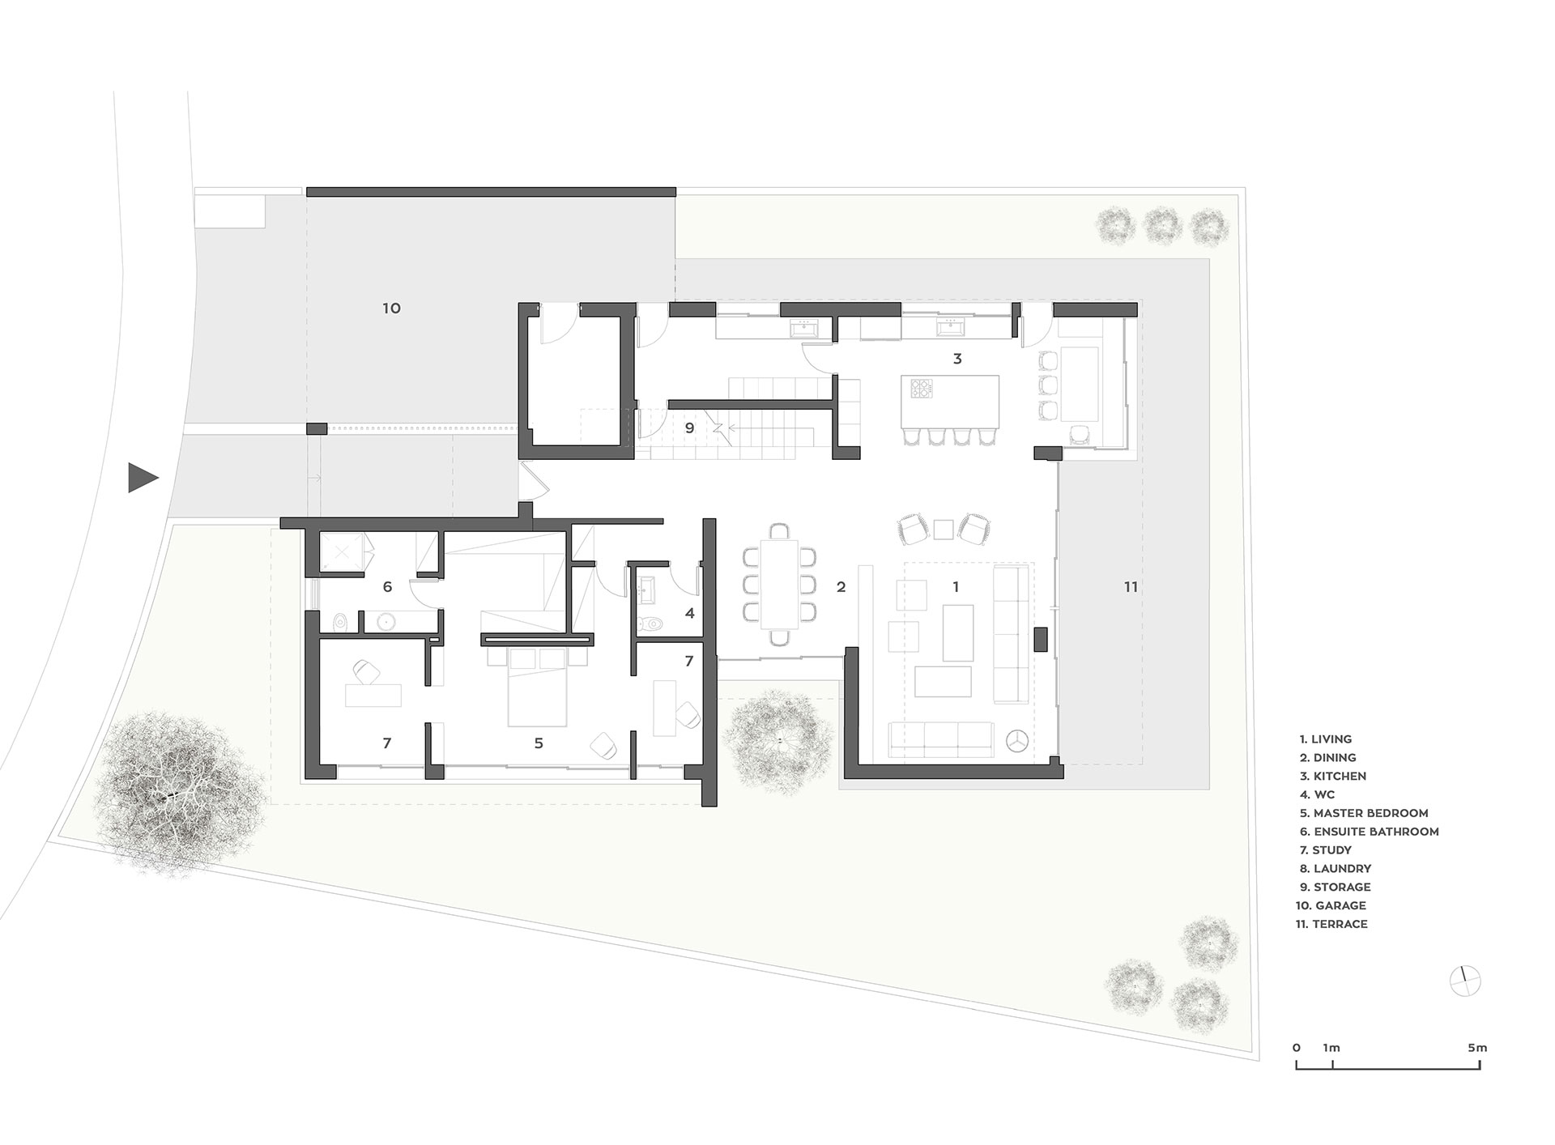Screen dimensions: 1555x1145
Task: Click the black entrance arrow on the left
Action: (142, 478)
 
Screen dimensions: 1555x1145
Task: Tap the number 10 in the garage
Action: (391, 309)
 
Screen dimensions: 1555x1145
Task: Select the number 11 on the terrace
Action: (1131, 587)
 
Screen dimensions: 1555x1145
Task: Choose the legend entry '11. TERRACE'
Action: (1331, 924)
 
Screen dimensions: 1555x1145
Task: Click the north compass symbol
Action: (1465, 981)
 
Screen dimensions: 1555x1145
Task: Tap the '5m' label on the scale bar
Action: (1477, 1048)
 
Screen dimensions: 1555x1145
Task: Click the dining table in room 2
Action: (778, 584)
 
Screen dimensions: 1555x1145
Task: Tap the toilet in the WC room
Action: (650, 624)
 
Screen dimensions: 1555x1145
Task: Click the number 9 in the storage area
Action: (689, 428)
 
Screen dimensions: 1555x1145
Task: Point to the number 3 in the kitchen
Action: (957, 359)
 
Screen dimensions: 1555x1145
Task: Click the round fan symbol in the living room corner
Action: (1016, 739)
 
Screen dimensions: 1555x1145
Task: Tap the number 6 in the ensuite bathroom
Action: (387, 587)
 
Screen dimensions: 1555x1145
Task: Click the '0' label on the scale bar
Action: (1297, 1048)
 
